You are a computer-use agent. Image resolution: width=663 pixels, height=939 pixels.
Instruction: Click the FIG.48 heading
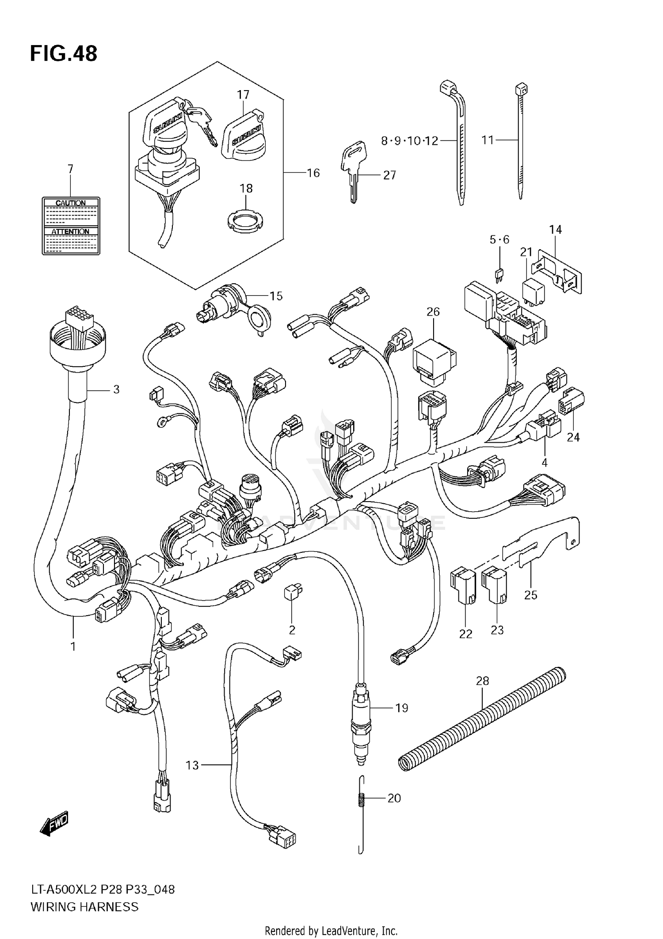click(x=64, y=53)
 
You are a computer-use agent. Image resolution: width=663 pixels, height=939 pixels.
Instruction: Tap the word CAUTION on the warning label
click(x=71, y=203)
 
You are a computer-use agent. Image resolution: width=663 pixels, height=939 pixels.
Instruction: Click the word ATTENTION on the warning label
click(x=71, y=232)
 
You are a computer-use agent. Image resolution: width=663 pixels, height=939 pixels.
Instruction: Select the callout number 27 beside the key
click(x=389, y=175)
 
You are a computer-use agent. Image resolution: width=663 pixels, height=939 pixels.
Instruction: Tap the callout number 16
click(x=313, y=173)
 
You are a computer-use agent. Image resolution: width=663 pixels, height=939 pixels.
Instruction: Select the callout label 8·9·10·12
click(x=409, y=141)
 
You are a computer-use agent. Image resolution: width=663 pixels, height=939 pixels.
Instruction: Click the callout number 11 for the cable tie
click(x=487, y=141)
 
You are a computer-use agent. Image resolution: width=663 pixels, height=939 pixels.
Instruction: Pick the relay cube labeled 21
click(x=534, y=289)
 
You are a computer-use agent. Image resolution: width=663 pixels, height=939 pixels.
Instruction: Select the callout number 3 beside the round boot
click(x=116, y=389)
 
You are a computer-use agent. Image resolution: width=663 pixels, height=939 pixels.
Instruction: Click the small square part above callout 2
click(x=293, y=592)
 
